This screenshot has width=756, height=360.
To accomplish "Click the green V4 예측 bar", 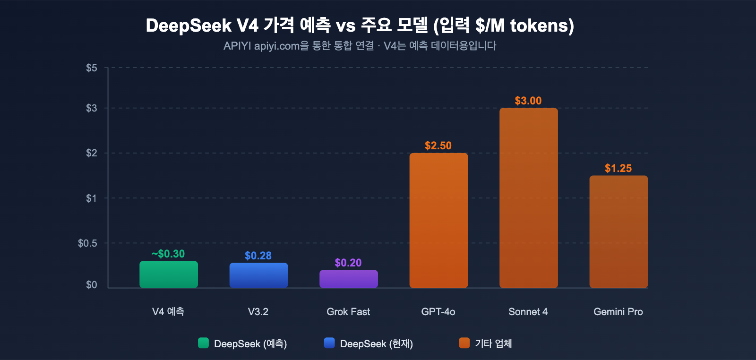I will (169, 274).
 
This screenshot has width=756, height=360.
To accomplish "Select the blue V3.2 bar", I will (258, 275).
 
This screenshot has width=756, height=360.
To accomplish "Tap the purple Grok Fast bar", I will (349, 279).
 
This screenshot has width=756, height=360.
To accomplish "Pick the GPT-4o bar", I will (438, 220).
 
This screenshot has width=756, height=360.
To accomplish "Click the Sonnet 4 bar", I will (528, 197).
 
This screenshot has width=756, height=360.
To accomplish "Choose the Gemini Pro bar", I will (619, 231).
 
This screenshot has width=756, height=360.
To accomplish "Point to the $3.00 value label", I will (528, 101).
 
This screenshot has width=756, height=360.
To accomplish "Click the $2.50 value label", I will (438, 146).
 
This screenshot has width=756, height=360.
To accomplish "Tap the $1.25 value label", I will (618, 168).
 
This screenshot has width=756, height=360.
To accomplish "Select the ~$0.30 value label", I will (168, 254).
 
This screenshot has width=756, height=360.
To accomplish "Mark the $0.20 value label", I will (348, 263).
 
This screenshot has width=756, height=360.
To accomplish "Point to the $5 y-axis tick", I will (92, 68).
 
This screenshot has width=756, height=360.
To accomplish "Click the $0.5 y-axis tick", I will (87, 243).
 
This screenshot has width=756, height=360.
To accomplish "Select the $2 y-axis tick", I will (92, 153).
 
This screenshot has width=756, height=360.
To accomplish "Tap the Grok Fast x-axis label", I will (348, 312).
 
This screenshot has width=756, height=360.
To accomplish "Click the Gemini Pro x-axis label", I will (618, 312).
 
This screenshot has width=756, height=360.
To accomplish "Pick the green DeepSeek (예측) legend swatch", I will (203, 343).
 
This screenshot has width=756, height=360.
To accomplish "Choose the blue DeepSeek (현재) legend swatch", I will (329, 343).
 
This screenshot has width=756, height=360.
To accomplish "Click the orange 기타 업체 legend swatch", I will (464, 343).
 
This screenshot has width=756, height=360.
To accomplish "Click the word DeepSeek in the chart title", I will (189, 26).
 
